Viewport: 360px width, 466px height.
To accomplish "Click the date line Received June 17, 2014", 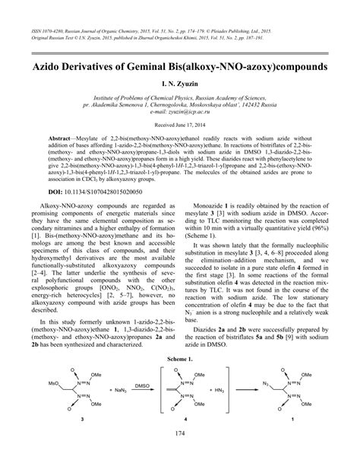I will pyautogui.click(x=179, y=143).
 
